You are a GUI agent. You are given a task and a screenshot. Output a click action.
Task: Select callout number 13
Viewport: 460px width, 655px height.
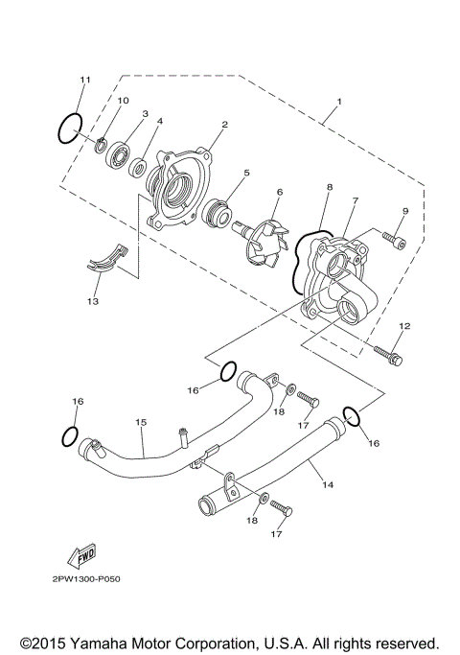pos(93,301)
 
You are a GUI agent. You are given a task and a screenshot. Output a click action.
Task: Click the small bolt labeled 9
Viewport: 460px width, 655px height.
pos(393,240)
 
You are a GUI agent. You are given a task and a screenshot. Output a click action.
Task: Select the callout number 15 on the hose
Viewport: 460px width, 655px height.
pos(140,421)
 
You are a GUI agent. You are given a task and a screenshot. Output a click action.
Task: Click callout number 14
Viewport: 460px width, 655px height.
pos(328,485)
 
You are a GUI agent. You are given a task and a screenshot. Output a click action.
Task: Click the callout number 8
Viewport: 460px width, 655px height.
pos(328,188)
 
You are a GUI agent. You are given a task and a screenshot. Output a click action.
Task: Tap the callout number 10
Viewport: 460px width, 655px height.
pos(123,101)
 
